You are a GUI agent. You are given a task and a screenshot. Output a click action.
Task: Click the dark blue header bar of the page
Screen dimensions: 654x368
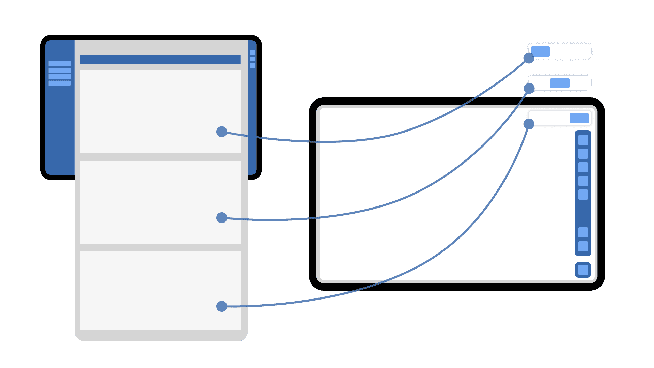pyautogui.click(x=160, y=59)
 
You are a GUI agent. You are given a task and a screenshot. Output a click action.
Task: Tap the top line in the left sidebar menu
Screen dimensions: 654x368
pyautogui.click(x=60, y=64)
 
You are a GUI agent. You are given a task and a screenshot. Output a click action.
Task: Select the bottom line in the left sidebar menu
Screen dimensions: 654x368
pyautogui.click(x=60, y=83)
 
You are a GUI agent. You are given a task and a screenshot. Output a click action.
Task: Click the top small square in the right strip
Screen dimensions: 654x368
pyautogui.click(x=252, y=52)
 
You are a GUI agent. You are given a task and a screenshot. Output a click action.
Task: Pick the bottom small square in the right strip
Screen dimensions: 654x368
pyautogui.click(x=252, y=65)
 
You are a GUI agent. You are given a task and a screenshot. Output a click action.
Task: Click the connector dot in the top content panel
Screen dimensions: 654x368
pyautogui.click(x=222, y=132)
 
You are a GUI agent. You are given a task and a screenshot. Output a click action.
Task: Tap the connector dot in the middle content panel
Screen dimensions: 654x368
pyautogui.click(x=222, y=218)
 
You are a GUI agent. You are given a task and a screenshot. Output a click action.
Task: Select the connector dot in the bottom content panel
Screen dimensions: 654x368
pyautogui.click(x=222, y=306)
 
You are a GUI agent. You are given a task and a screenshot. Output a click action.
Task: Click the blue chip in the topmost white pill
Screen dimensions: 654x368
pyautogui.click(x=540, y=51)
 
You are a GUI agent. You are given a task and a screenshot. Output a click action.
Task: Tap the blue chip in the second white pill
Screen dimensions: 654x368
pyautogui.click(x=560, y=83)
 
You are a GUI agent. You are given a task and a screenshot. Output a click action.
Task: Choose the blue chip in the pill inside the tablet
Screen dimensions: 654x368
pyautogui.click(x=579, y=118)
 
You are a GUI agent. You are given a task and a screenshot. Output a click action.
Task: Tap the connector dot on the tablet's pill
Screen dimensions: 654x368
pyautogui.click(x=529, y=124)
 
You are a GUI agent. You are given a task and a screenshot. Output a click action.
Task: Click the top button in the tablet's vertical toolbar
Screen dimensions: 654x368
pyautogui.click(x=583, y=140)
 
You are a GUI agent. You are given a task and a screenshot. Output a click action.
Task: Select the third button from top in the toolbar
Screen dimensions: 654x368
pyautogui.click(x=583, y=167)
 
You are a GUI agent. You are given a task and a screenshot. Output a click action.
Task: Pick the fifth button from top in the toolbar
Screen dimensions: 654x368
pyautogui.click(x=583, y=195)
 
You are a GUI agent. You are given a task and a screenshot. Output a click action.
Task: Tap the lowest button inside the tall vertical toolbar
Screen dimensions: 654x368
pyautogui.click(x=583, y=246)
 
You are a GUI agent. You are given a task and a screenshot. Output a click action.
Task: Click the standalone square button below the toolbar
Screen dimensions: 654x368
pyautogui.click(x=583, y=270)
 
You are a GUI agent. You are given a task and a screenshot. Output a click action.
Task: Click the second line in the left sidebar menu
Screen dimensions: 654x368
pyautogui.click(x=60, y=70)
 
